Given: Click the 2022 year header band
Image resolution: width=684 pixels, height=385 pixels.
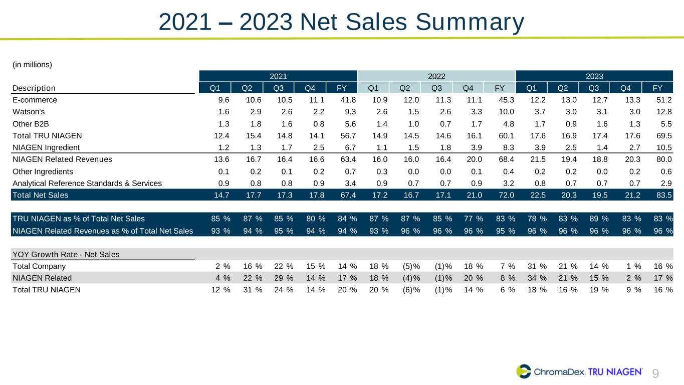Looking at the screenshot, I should coord(436,76).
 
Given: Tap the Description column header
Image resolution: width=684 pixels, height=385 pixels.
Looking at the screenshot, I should coord(34,88).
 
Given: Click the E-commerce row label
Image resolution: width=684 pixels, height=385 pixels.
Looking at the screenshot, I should coord(35,100).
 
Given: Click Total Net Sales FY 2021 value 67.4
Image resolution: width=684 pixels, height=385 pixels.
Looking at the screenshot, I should coord(347,195).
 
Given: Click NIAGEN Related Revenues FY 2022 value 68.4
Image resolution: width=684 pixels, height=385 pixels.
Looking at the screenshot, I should coord(505,159).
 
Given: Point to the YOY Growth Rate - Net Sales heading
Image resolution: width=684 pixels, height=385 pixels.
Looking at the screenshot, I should coord(66,254).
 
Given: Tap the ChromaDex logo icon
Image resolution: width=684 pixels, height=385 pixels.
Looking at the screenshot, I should coord(524,371).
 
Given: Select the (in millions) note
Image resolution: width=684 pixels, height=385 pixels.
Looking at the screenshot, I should coord(33,64).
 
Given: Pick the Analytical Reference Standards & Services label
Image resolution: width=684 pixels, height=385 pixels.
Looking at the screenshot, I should coord(87,183).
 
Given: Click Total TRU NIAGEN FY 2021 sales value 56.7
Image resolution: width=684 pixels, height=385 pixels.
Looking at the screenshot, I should coord(347,135).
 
